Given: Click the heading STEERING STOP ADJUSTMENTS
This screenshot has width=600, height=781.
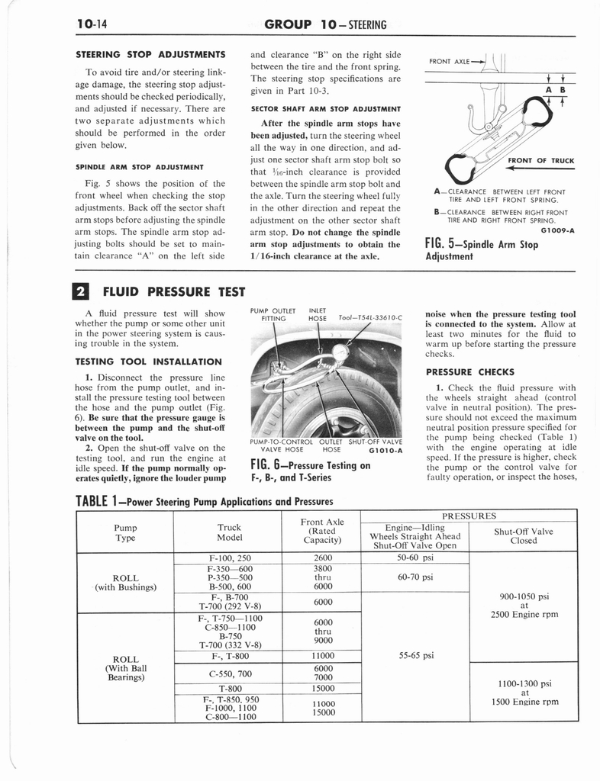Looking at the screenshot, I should point(150,54).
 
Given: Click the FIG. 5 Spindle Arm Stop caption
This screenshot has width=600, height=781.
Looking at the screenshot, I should point(481,250).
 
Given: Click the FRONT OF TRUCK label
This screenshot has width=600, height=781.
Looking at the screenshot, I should point(540,160).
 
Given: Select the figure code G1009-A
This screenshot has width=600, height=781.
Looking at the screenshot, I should point(557,229).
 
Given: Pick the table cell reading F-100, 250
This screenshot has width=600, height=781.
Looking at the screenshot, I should point(229,558).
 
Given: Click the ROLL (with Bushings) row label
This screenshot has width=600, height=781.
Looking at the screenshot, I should point(125,581).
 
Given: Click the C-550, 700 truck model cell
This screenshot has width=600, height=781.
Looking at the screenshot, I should point(229,673).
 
